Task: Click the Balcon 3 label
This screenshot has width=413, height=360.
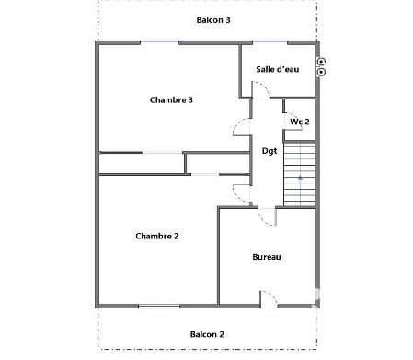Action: pos(213,19)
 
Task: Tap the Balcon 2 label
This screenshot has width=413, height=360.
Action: pos(207,335)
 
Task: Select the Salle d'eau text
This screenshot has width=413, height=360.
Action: pos(277,68)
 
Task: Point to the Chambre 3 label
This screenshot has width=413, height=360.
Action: pos(170,100)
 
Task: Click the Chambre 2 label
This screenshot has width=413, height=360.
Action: pos(156,236)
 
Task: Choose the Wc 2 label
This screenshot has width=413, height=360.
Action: pos(299,122)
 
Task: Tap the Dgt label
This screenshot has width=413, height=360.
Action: pos(270,150)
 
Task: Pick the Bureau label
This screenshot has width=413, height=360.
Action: pos(267,257)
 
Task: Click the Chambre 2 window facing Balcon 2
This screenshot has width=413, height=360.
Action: pos(158,305)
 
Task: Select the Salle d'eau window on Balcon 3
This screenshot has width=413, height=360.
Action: pos(271,42)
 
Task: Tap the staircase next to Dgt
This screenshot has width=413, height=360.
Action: pos(299,175)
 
